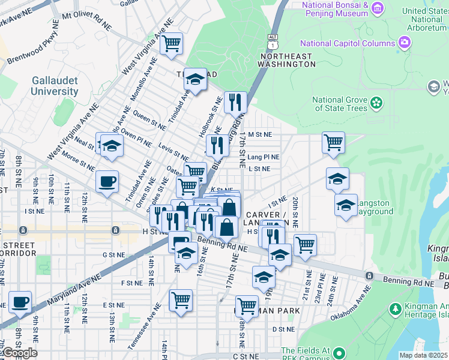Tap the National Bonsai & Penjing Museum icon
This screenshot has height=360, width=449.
[377, 8]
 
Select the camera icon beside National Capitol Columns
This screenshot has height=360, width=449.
[405, 43]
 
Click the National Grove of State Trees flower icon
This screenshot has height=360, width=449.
[377, 103]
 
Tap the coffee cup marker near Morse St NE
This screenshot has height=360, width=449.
[107, 181]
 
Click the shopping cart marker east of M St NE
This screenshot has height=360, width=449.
[333, 143]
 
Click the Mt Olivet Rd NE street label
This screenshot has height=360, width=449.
[86, 21]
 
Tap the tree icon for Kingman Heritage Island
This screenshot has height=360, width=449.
[395, 309]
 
